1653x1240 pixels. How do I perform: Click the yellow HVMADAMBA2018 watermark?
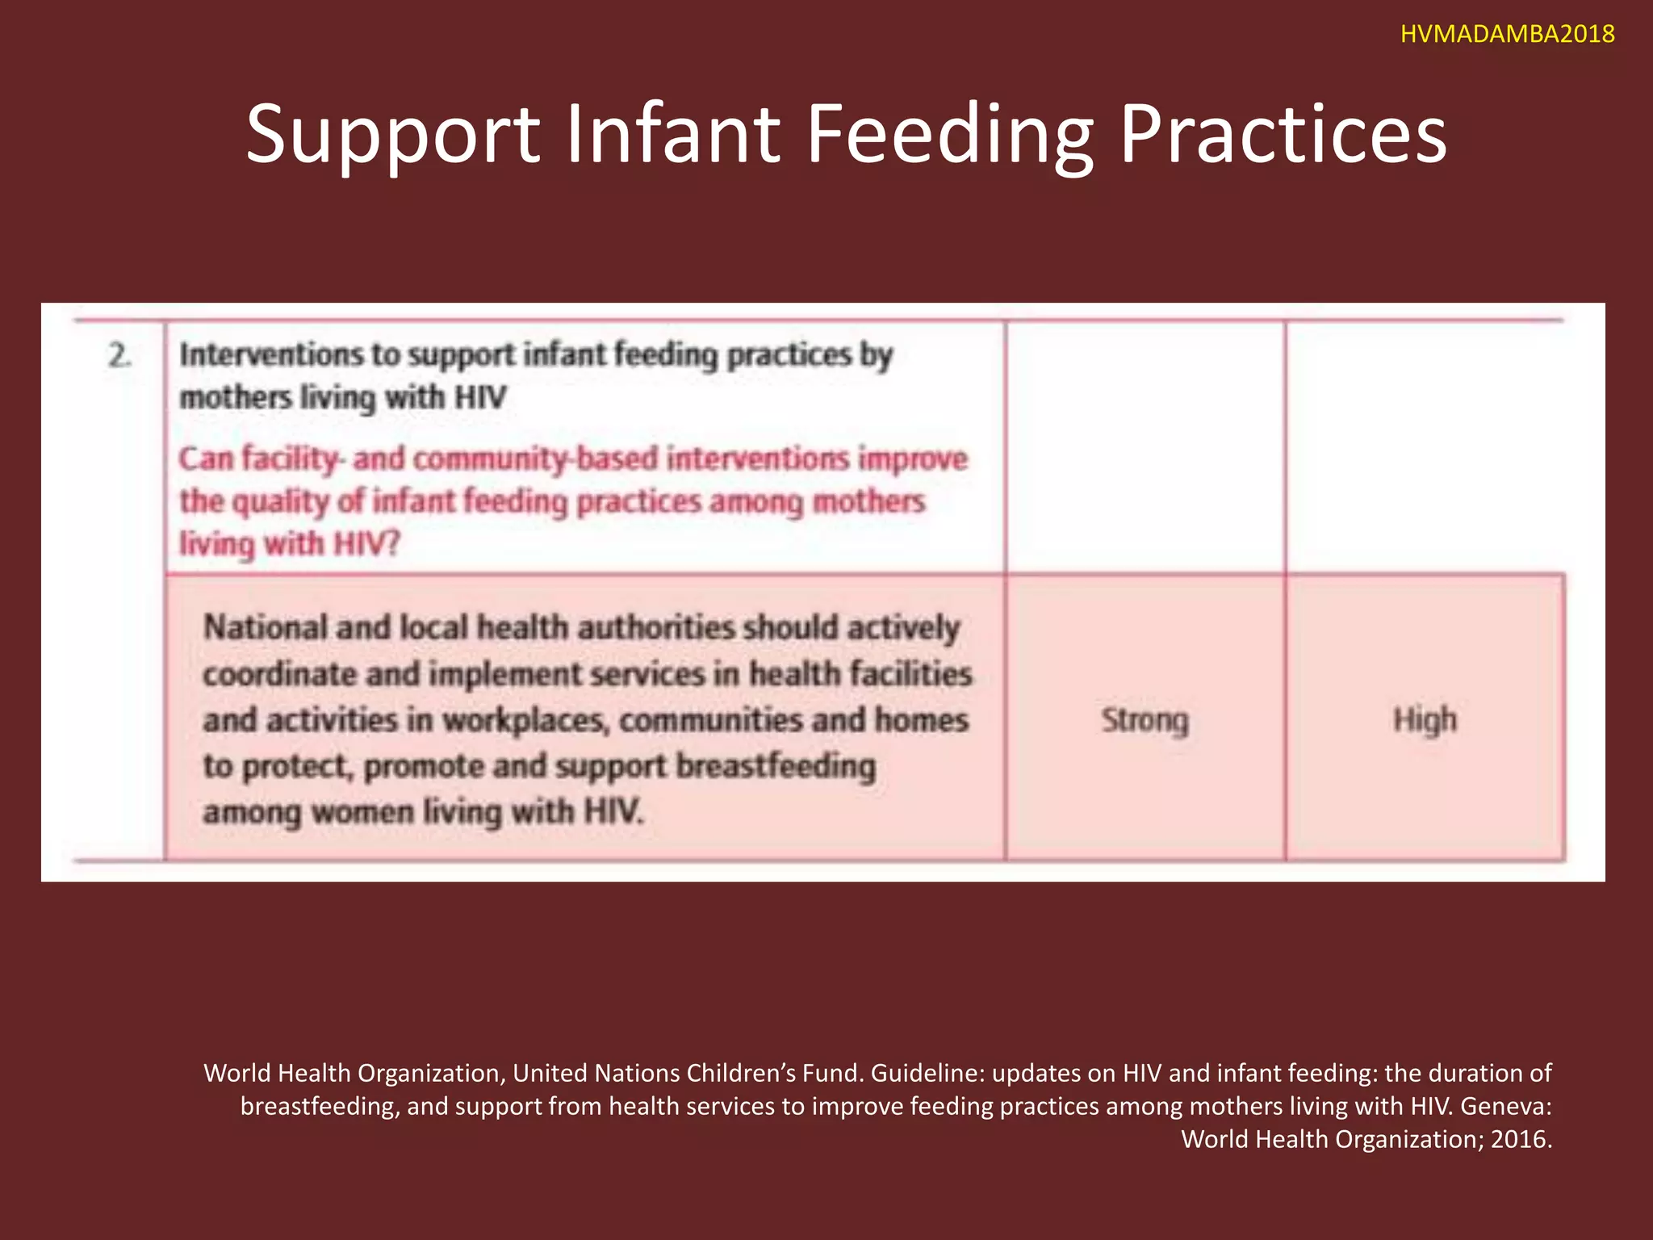coord(1507,34)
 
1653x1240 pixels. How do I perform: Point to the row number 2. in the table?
coord(119,356)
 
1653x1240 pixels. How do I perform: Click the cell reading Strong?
coord(1145,719)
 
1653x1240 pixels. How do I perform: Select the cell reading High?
coord(1425,719)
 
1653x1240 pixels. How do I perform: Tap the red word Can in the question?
coord(206,459)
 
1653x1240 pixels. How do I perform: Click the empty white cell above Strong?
coord(1145,448)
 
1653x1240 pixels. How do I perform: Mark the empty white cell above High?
coord(1425,448)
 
